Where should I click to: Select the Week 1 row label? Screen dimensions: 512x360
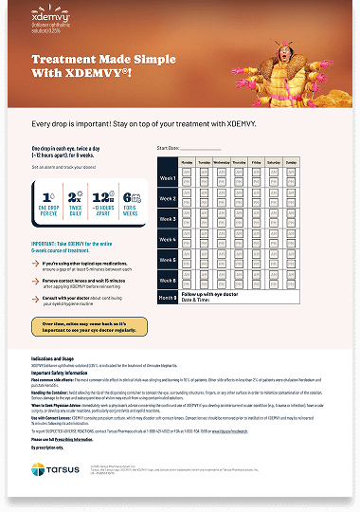click(168, 178)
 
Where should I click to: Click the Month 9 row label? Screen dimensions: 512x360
click(168, 299)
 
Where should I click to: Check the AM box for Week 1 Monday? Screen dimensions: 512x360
click(188, 174)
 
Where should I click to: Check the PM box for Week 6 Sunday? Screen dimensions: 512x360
click(317, 285)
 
